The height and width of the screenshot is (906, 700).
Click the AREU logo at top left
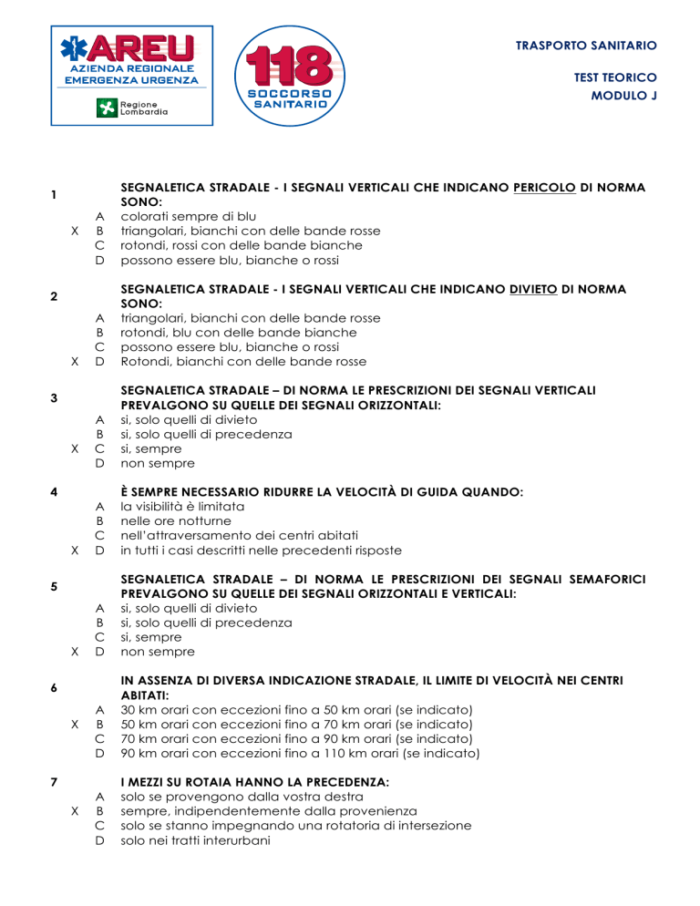(x=128, y=75)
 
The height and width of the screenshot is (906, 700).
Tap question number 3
(x=56, y=397)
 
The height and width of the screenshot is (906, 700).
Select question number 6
(x=56, y=687)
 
